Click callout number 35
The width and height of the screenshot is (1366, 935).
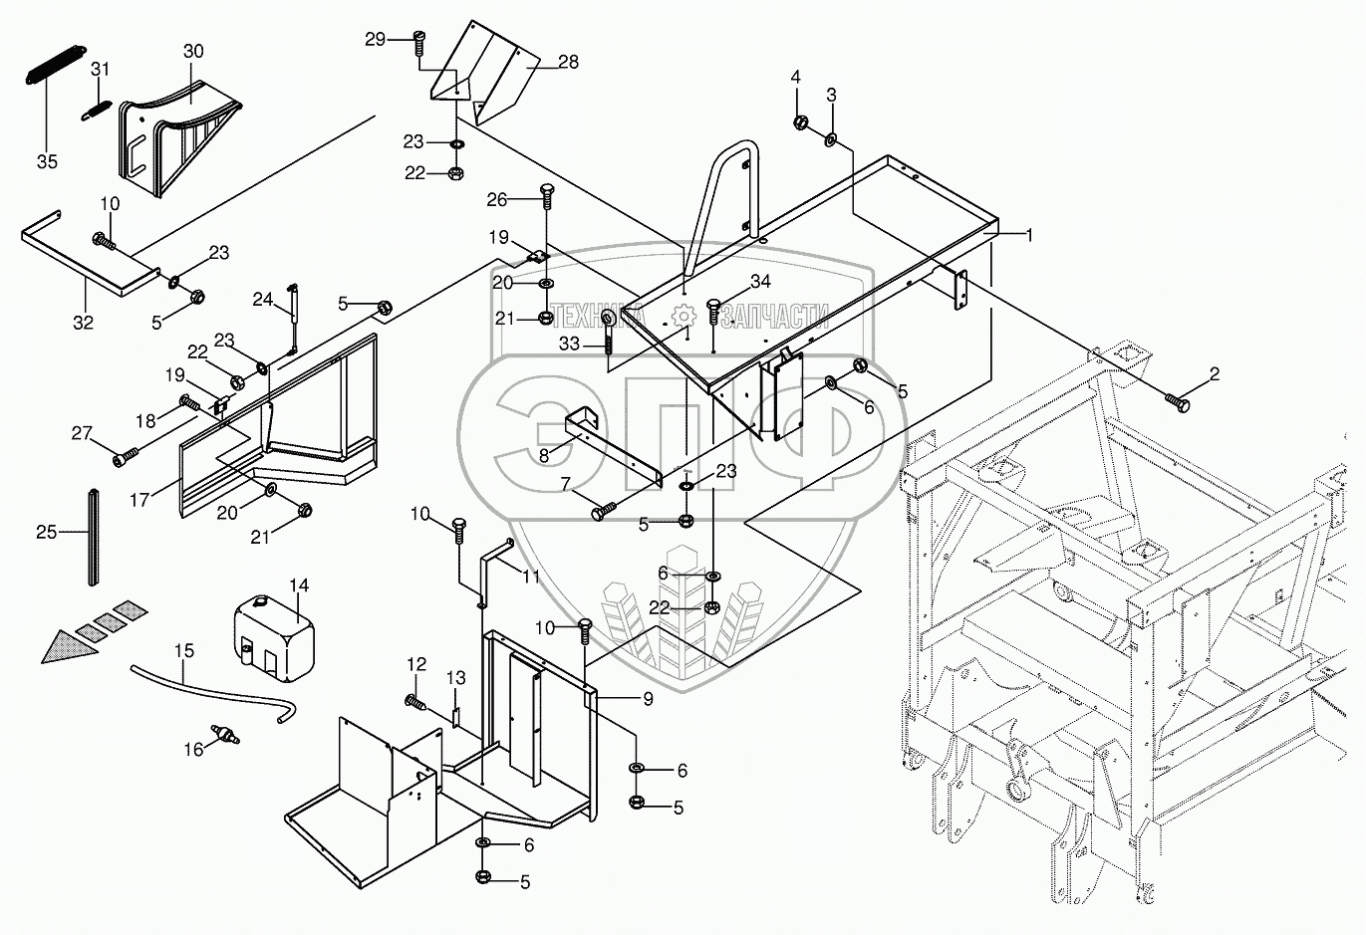47,161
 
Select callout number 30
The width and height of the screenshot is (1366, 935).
193,51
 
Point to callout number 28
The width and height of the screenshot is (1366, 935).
568,63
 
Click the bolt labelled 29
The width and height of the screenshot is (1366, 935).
417,40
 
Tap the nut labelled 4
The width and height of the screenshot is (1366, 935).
799,122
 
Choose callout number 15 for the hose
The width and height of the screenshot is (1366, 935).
184,650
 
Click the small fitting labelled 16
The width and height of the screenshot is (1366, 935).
228,738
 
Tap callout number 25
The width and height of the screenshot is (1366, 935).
46,533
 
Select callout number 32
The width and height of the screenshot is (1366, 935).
83,322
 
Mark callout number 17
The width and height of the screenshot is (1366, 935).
139,500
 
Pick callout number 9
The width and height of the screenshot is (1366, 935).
648,699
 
